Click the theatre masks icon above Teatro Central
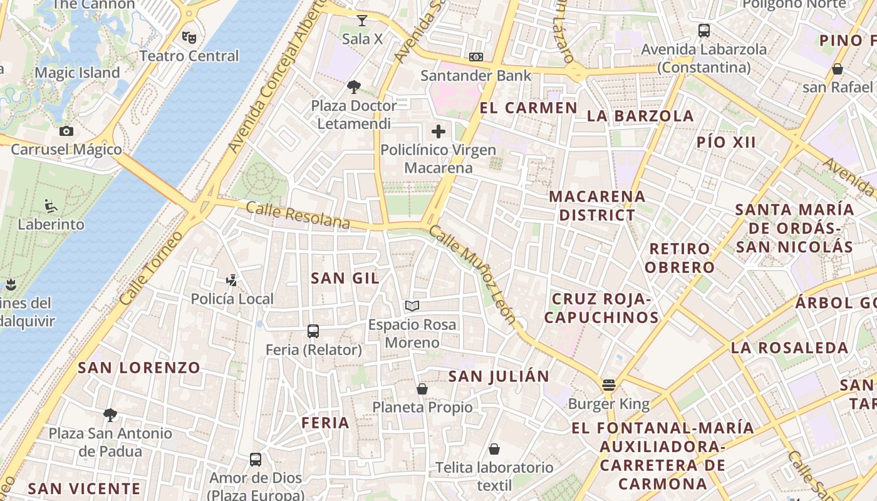coord(189,37)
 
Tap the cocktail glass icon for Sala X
coord(361,20)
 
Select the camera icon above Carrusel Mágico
coord(66,131)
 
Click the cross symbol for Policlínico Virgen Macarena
coord(438,132)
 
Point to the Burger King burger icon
coord(608,385)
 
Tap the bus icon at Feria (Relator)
coord(313,331)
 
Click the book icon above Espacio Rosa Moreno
coord(412,306)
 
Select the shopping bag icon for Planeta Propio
coord(422,389)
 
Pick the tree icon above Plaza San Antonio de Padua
coord(110,415)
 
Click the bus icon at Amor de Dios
coord(256,460)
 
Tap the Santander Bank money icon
coord(476,57)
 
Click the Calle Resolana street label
coord(298,215)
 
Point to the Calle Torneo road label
coord(150,268)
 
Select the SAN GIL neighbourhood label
coord(345,278)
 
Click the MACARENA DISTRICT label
coord(597,205)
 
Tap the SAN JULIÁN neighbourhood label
coord(499,376)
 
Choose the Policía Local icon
coord(232,281)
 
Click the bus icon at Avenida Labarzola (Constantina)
coord(704,31)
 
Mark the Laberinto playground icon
coord(51,205)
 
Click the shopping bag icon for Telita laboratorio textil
coord(494,449)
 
